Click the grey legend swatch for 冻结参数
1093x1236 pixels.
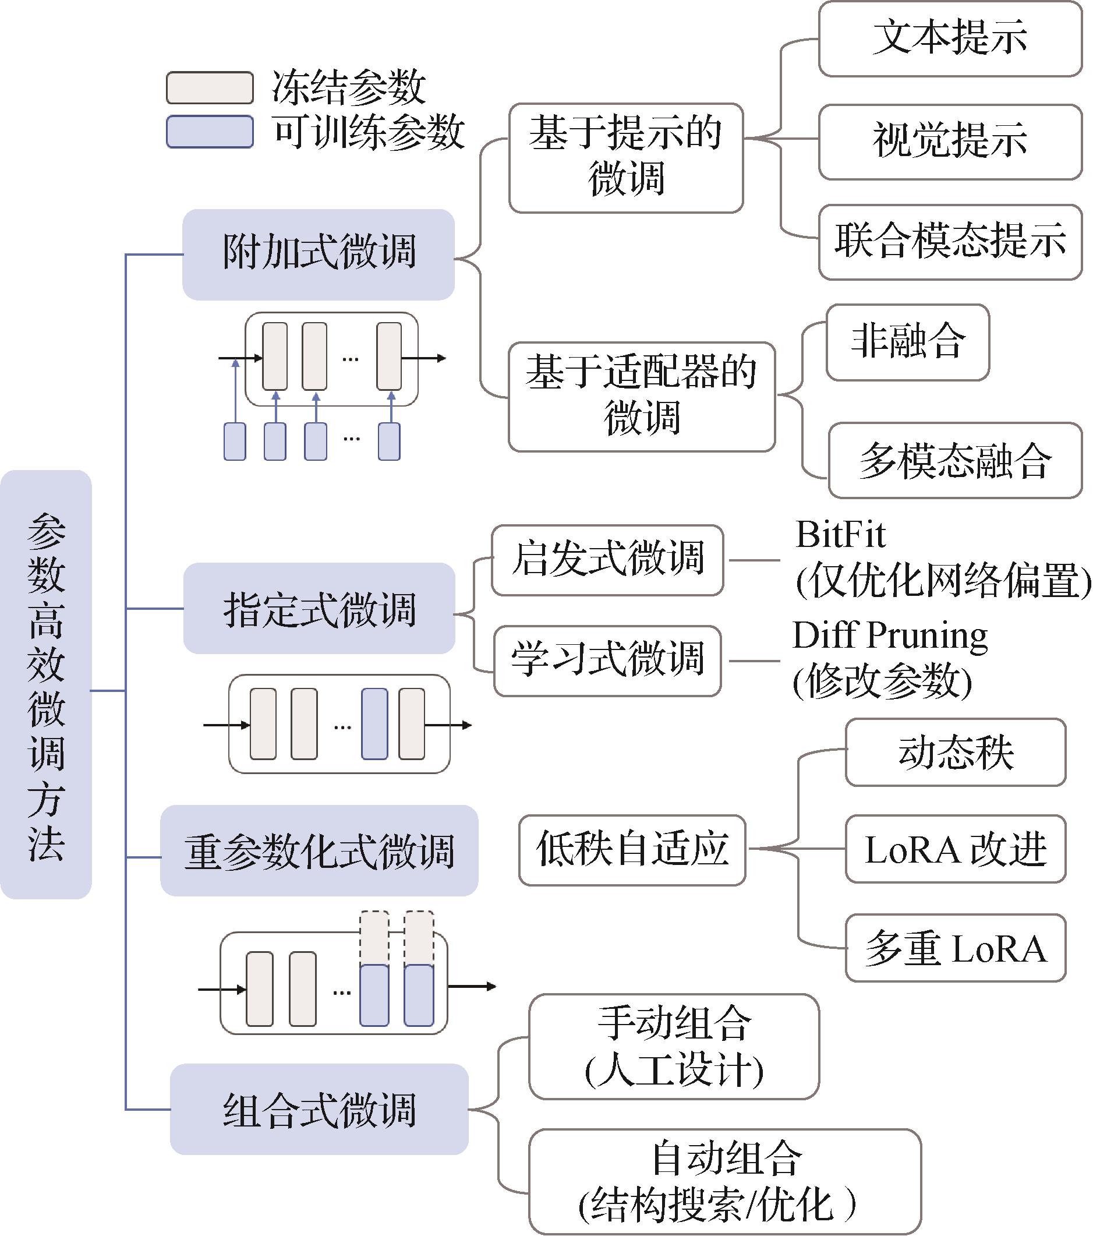point(209,89)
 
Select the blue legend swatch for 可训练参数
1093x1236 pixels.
point(209,132)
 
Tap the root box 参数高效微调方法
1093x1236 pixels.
point(46,684)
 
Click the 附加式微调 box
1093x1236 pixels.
point(319,255)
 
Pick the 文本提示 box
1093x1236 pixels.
point(950,38)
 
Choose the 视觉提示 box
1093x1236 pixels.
point(950,142)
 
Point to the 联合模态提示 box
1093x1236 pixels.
point(950,242)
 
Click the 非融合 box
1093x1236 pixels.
point(907,342)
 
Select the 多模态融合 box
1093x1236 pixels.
point(954,461)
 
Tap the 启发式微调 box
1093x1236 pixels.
point(607,560)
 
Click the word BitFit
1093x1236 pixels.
point(840,535)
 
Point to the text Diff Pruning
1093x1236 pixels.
point(890,636)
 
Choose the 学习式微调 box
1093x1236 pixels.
point(607,661)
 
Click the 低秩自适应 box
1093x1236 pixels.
point(632,850)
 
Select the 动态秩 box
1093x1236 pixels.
point(955,752)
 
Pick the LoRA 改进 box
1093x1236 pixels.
point(955,849)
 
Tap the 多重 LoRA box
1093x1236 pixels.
point(955,948)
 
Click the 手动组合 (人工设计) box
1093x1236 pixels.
point(674,1047)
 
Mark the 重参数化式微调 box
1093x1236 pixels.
point(319,850)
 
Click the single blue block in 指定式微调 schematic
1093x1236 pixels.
point(374,724)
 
